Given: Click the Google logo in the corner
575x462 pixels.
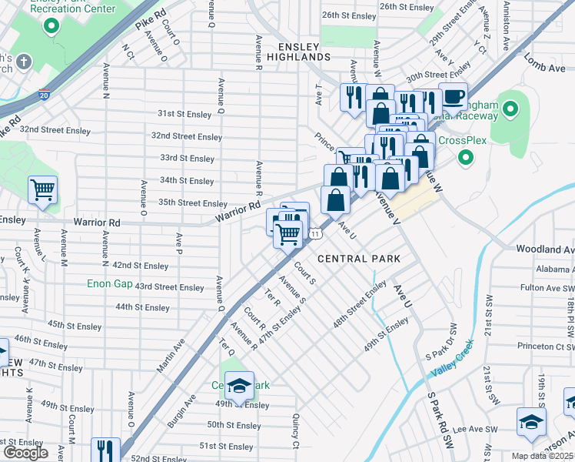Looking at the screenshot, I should [25, 453].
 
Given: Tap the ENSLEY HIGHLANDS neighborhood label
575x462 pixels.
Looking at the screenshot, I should [299, 51].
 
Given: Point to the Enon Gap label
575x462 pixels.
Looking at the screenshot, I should [112, 283].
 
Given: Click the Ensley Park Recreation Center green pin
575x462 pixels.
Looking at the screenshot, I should [52, 28].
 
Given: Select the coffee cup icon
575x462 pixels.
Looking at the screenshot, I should [453, 97].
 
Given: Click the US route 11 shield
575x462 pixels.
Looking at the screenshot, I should [315, 233].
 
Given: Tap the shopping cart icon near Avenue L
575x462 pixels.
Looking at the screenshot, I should [43, 189].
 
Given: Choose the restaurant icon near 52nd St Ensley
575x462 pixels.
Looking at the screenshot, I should [105, 450].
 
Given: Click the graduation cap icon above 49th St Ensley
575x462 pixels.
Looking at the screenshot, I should [240, 387].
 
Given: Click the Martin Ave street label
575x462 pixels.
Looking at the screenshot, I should [171, 359].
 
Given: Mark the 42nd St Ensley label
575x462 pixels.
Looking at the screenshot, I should [141, 266].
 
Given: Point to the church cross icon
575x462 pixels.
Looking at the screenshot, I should [24, 62].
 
